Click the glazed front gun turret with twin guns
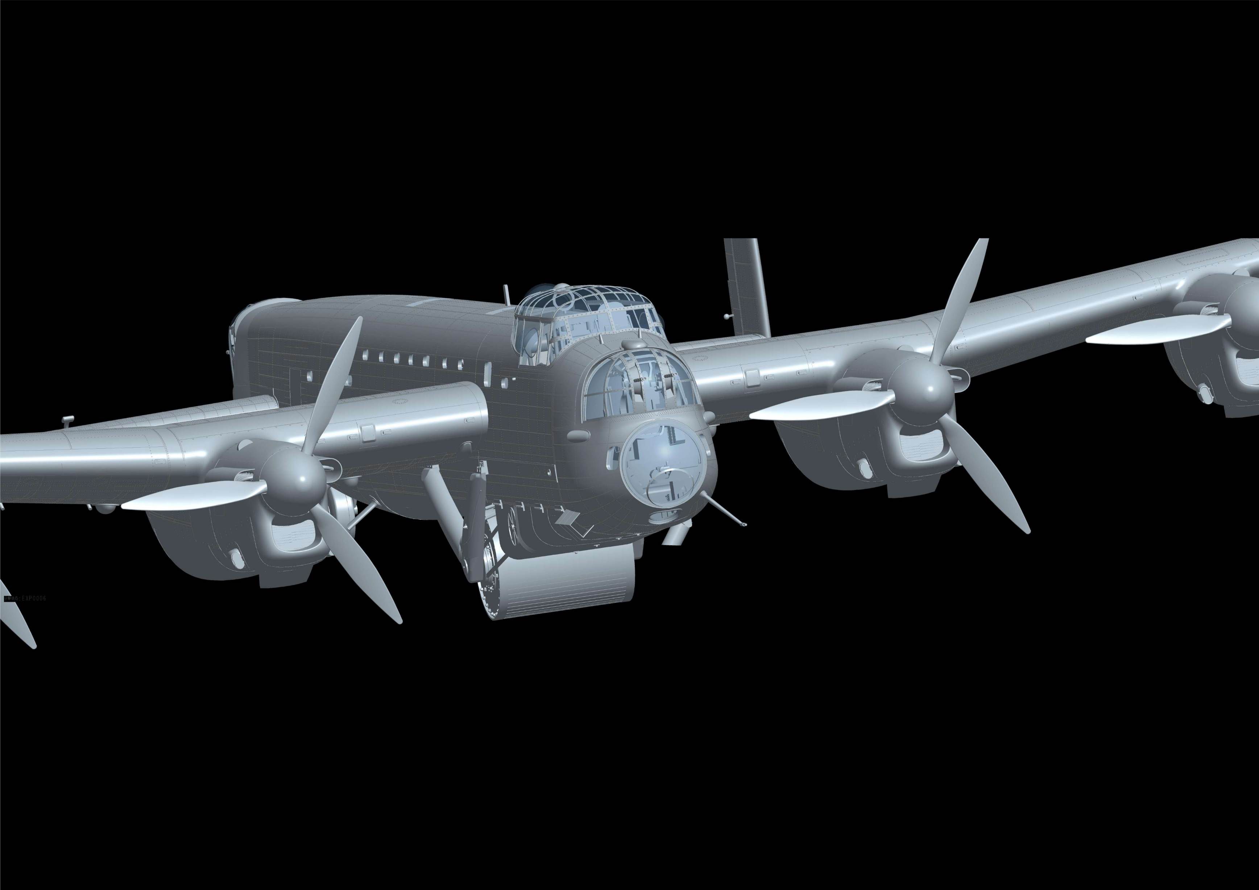tap(639, 384)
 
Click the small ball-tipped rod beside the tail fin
tap(727, 316)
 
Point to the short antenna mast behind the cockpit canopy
tap(507, 293)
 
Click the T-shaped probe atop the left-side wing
tap(67, 420)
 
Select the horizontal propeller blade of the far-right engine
tap(1157, 332)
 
